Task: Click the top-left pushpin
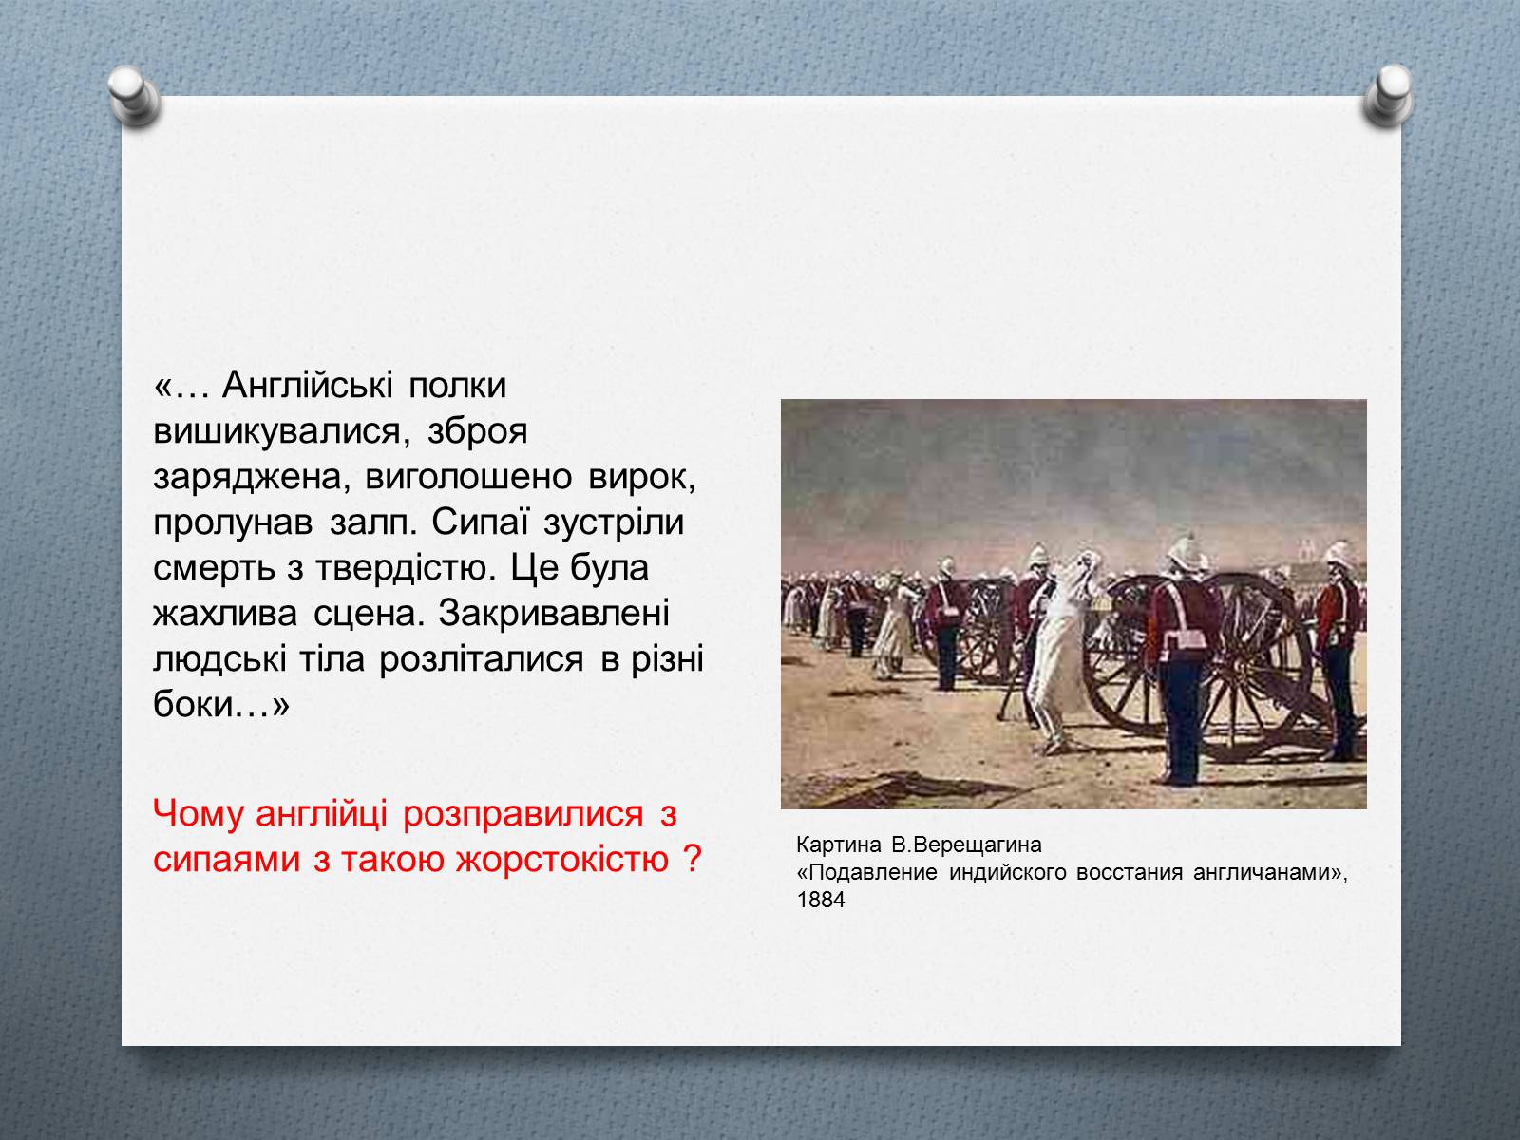[134, 96]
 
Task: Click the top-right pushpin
[1389, 96]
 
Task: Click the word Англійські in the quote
[308, 386]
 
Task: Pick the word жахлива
[226, 614]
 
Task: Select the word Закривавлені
[553, 614]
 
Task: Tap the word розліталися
[482, 659]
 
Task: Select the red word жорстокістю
[562, 860]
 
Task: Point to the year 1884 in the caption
[821, 899]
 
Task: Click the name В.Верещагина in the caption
[966, 845]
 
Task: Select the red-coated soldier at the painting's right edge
[1338, 651]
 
